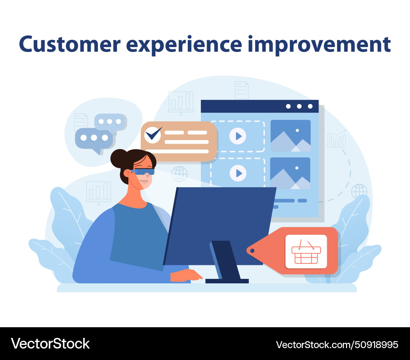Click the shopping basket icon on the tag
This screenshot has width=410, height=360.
[306, 251]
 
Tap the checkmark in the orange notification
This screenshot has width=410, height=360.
[153, 134]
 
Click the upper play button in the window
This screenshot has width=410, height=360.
[238, 136]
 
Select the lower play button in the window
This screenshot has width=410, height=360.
[238, 173]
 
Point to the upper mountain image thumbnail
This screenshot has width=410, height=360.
[290, 136]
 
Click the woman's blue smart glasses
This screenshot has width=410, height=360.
[144, 172]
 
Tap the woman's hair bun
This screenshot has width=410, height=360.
[118, 158]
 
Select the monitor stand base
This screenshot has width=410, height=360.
[227, 281]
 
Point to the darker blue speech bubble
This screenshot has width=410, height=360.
[93, 139]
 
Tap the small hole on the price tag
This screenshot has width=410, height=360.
[252, 250]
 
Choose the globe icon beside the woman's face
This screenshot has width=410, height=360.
[179, 174]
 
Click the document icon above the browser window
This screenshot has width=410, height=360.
[241, 90]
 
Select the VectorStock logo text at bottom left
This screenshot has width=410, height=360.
[50, 343]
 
